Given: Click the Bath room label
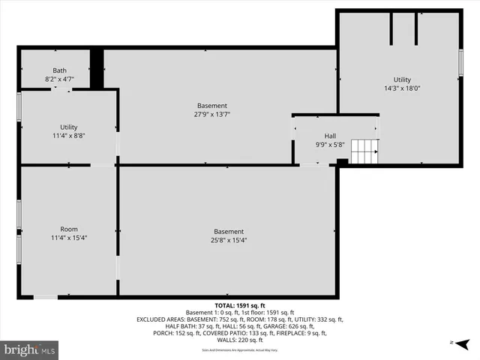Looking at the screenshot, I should point(59,70).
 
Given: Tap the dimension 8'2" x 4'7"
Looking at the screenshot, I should point(59,78).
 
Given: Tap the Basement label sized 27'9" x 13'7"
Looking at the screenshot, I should point(211,106).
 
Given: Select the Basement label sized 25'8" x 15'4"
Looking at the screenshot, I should point(228,232).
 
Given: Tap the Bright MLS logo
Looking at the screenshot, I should point(30,349).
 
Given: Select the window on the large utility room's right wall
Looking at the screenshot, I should point(461,62).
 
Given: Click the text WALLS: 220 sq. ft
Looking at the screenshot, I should point(240,340).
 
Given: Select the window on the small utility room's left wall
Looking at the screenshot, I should point(19,106).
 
